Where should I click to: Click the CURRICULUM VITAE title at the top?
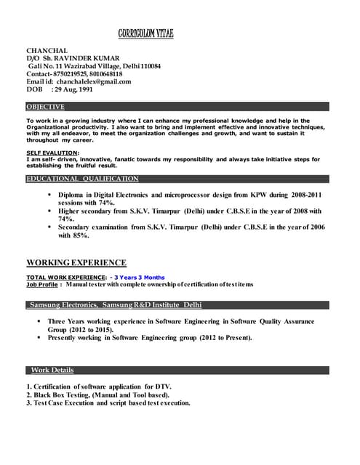click(x=146, y=34)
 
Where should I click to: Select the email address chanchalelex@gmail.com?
click(x=95, y=81)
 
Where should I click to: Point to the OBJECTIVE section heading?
click(x=45, y=107)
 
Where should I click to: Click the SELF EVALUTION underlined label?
click(x=52, y=153)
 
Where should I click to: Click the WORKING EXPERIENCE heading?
click(x=76, y=262)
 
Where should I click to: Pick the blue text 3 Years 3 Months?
click(x=139, y=278)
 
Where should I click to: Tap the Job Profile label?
click(x=41, y=284)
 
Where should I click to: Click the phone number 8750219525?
click(x=73, y=73)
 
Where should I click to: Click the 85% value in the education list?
click(x=81, y=235)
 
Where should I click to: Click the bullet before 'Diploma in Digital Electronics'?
click(x=49, y=195)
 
